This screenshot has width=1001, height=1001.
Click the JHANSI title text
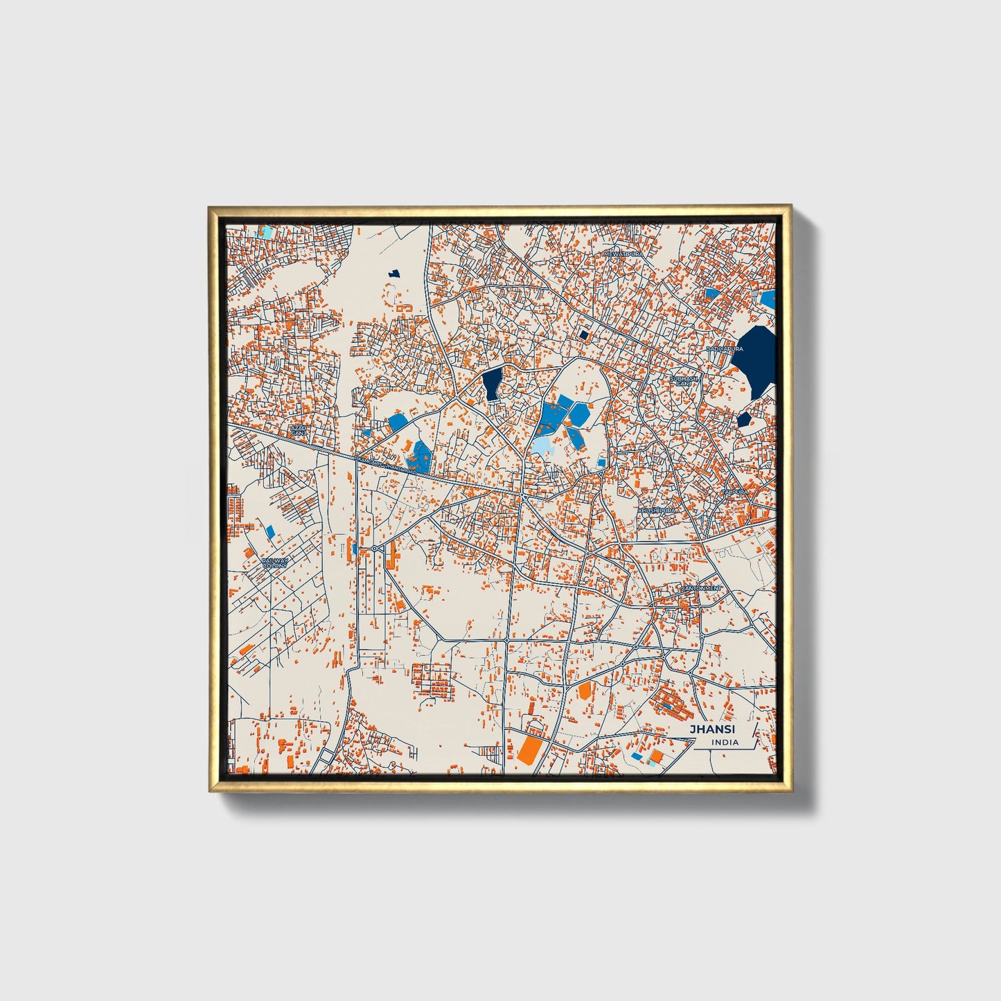point(711,729)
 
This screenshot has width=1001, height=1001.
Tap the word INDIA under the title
point(725,743)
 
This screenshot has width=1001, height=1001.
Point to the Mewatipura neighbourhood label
point(623,254)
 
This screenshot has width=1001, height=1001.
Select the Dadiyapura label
point(725,349)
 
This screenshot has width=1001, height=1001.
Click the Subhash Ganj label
point(685,380)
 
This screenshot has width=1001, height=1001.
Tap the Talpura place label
point(735,491)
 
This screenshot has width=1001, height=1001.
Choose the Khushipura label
point(656,510)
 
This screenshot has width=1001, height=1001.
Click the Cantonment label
point(700,588)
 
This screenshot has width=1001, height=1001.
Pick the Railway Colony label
point(274,562)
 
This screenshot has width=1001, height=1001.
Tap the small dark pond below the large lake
point(743,419)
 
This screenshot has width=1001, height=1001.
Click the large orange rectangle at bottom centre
point(530,749)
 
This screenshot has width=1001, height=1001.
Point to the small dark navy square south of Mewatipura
point(583,335)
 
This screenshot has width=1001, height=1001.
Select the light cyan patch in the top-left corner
point(265,231)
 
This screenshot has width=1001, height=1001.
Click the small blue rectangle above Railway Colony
point(269,531)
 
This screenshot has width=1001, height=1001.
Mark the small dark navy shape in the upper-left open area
point(395,274)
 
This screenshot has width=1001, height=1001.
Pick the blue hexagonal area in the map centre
point(578,414)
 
